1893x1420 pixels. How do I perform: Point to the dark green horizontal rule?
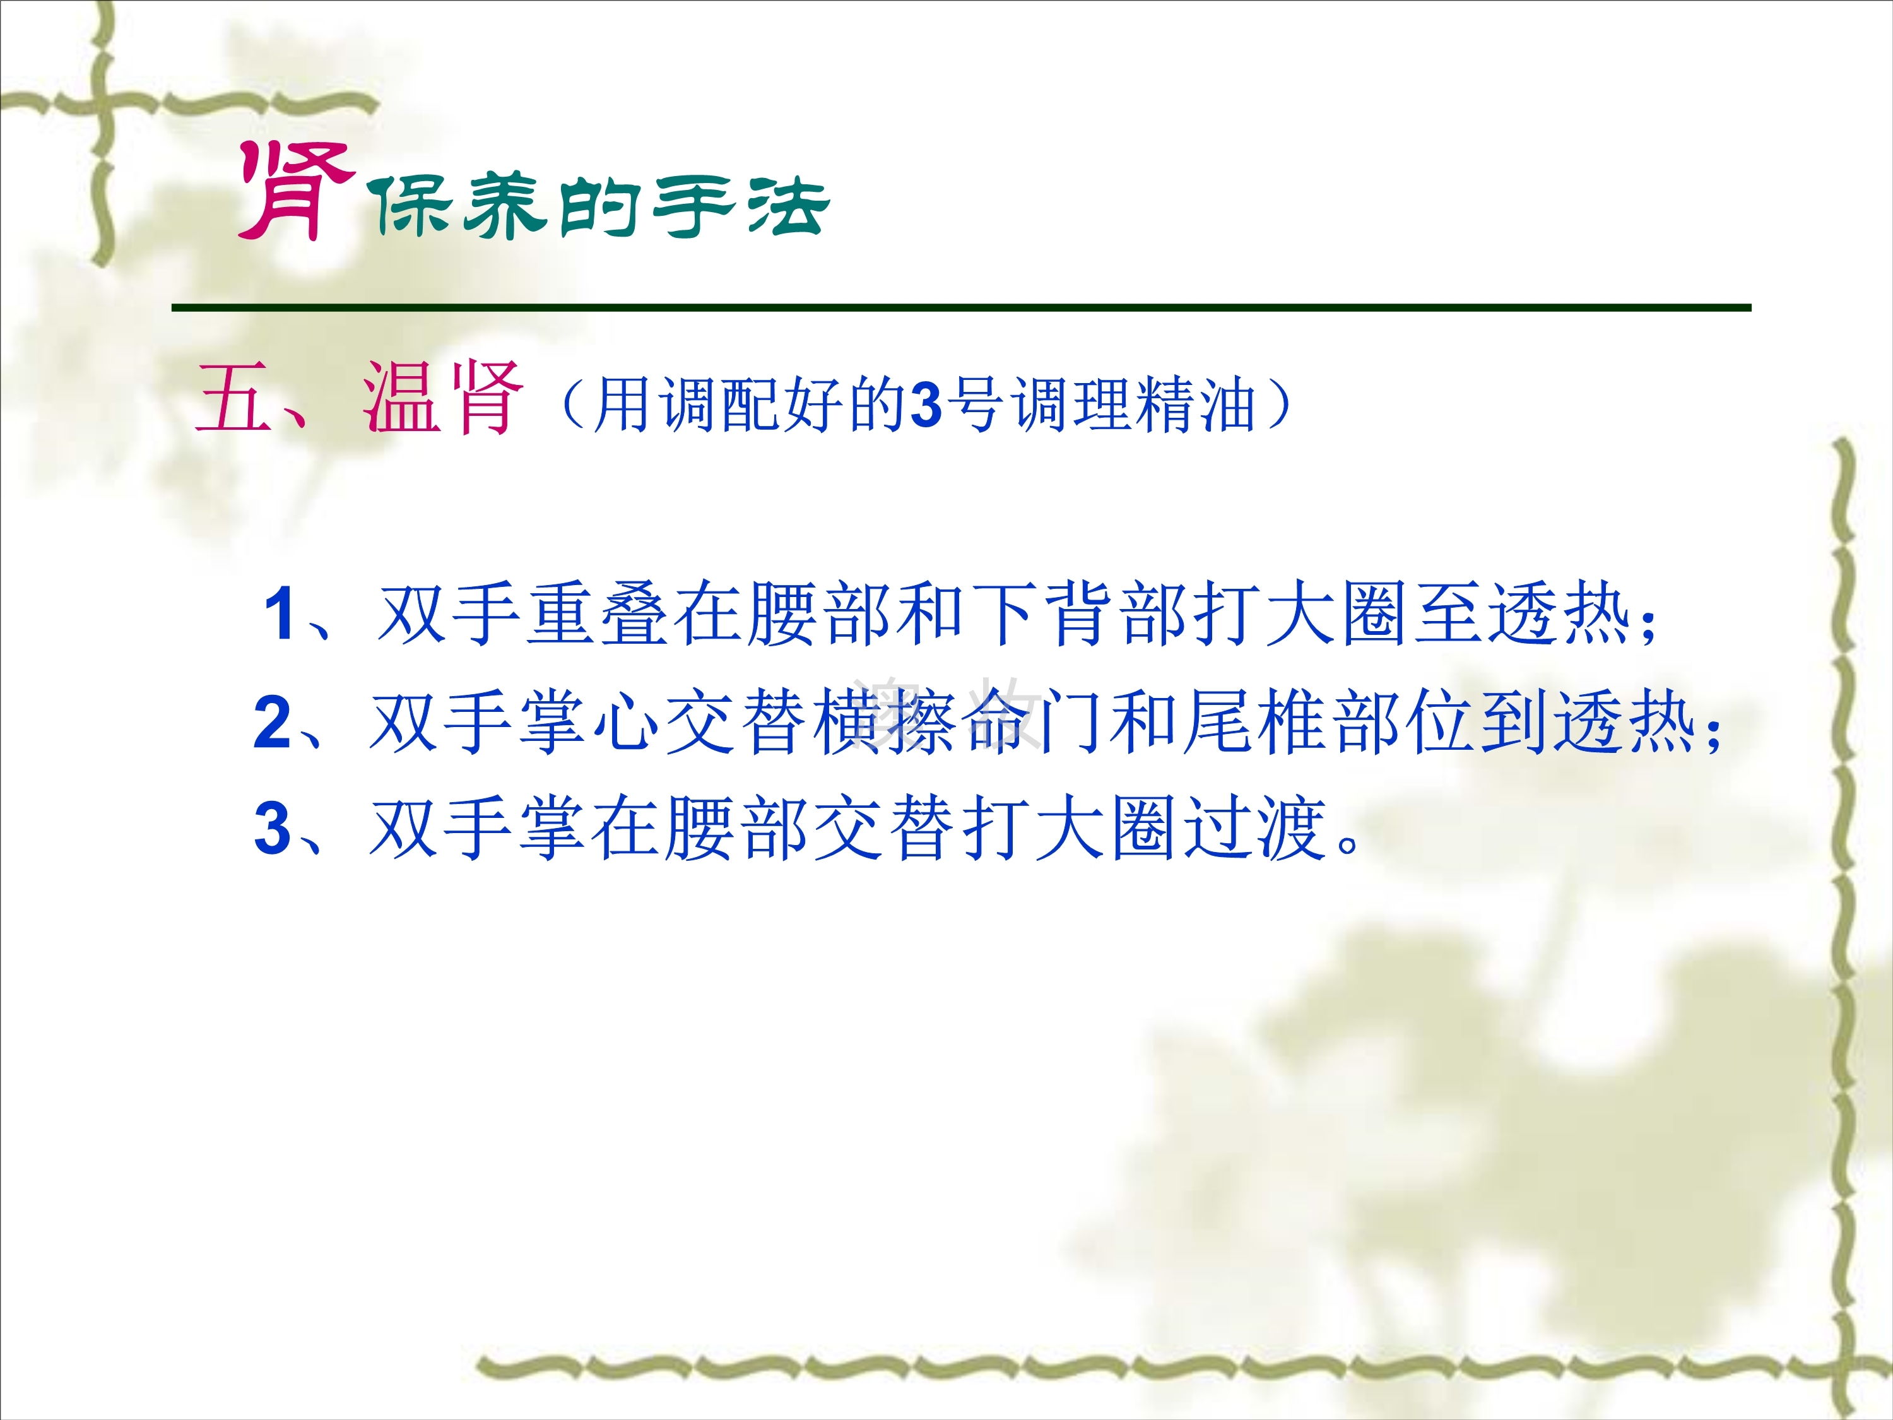point(962,307)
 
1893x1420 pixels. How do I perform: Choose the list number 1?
point(280,613)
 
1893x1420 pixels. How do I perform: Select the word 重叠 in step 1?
point(598,613)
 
